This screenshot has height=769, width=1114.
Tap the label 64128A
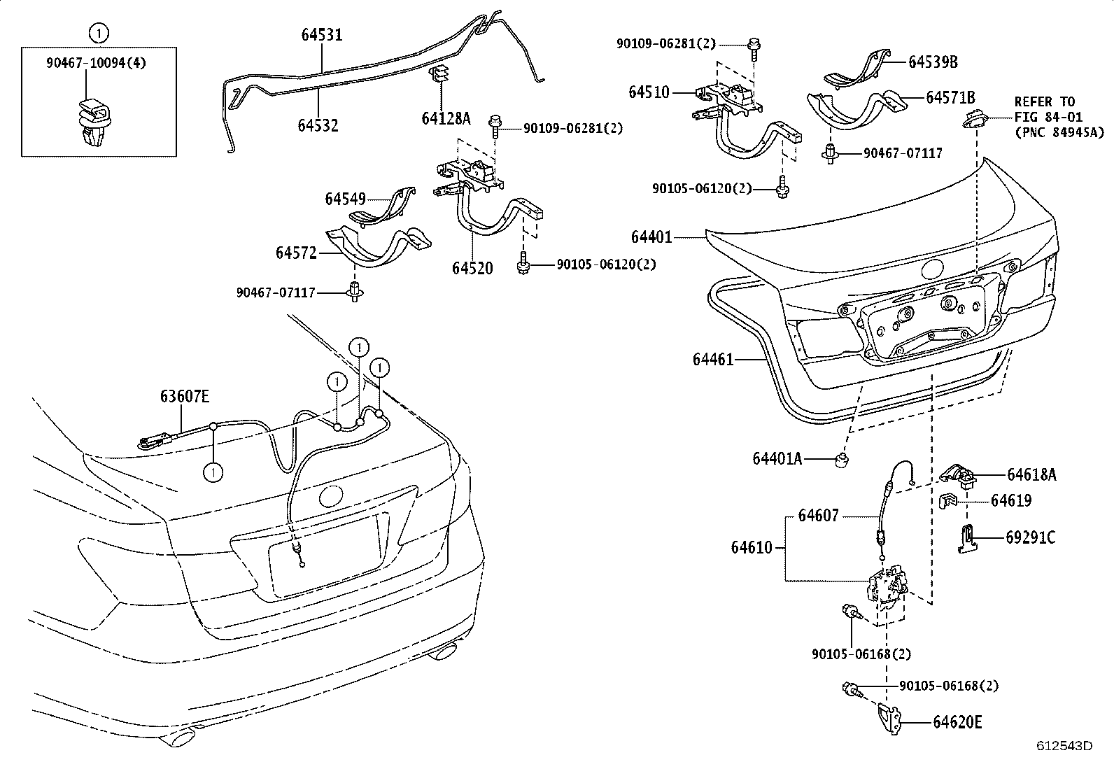tap(446, 119)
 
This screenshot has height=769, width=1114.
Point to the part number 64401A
tap(777, 459)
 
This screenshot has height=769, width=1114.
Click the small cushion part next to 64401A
tap(842, 460)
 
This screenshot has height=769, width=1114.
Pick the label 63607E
tap(185, 397)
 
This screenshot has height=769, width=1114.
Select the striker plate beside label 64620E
tap(889, 719)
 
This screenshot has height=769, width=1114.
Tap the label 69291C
tap(1030, 537)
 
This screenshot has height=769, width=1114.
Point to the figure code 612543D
tap(1064, 746)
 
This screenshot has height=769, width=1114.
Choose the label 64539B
tap(933, 62)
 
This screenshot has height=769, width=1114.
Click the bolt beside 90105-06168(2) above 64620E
tap(850, 689)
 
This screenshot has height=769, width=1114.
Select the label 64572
tap(297, 253)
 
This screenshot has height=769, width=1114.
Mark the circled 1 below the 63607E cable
tap(213, 473)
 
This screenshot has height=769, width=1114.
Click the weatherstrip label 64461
tap(713, 359)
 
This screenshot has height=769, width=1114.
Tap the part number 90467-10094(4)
tap(97, 63)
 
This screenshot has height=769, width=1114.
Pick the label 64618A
tap(1031, 475)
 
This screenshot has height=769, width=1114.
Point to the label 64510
tap(649, 92)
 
